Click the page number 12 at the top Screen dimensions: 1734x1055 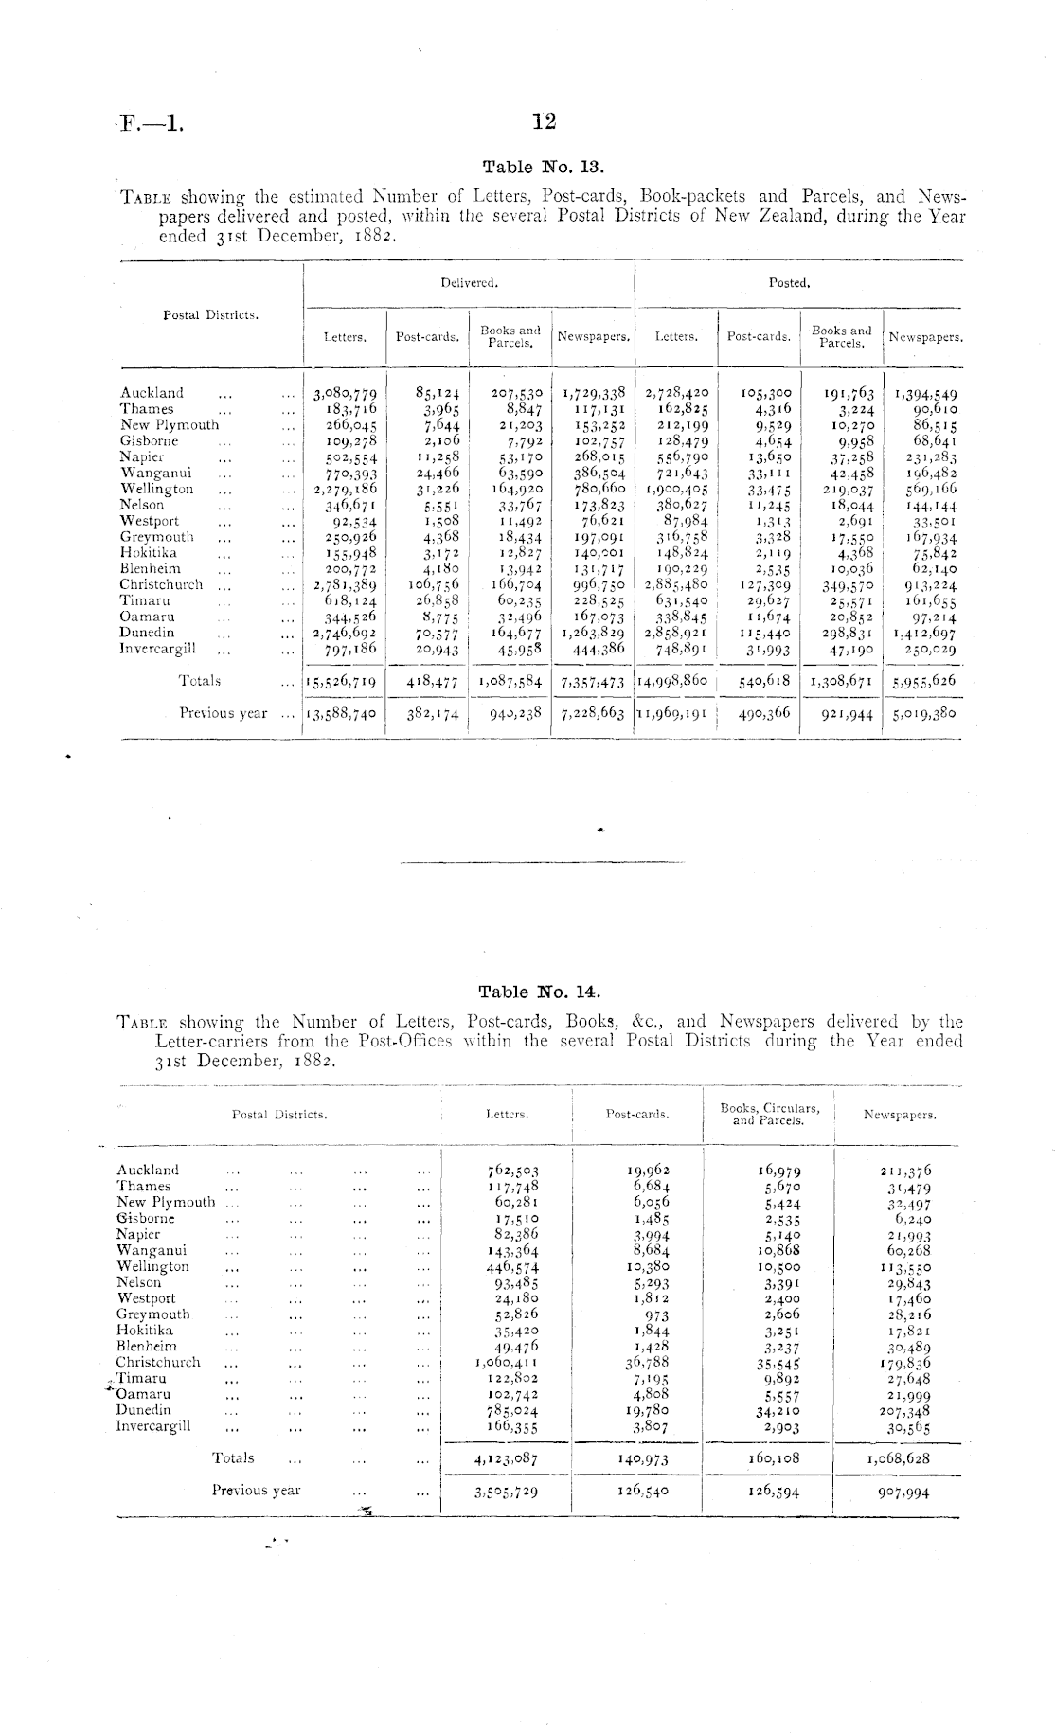tap(544, 121)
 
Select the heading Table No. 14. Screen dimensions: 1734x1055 tap(539, 992)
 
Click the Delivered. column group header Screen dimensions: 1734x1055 tap(469, 282)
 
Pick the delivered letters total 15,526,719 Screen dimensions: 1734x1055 tap(342, 681)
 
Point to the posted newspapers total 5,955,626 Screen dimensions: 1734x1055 tap(923, 681)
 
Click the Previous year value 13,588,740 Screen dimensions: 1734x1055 tap(342, 714)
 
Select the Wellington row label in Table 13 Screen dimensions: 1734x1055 tap(157, 490)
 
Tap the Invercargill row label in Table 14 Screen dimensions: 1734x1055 tap(153, 1426)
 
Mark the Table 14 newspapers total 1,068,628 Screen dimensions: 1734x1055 tap(899, 1459)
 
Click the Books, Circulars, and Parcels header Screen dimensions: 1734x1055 tap(769, 1114)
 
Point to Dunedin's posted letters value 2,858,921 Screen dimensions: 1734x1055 tap(676, 633)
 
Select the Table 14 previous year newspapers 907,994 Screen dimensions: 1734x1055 tap(903, 1492)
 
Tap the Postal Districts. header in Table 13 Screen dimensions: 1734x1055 tap(211, 314)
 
